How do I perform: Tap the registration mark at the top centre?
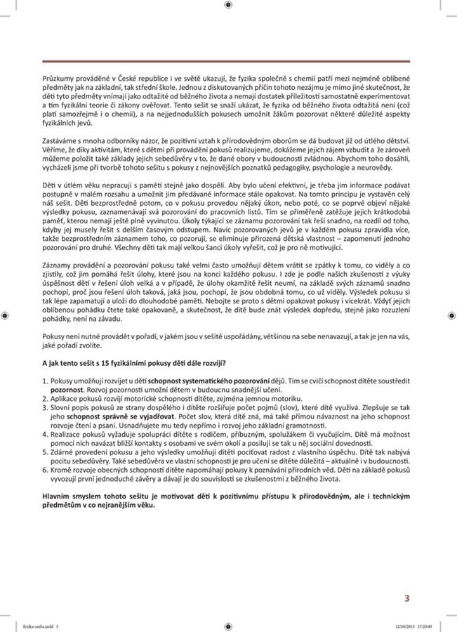point(228,5)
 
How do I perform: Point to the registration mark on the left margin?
point(5,315)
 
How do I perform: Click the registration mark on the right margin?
point(451,315)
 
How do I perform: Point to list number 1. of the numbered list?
point(46,380)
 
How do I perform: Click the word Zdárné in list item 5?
point(64,456)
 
